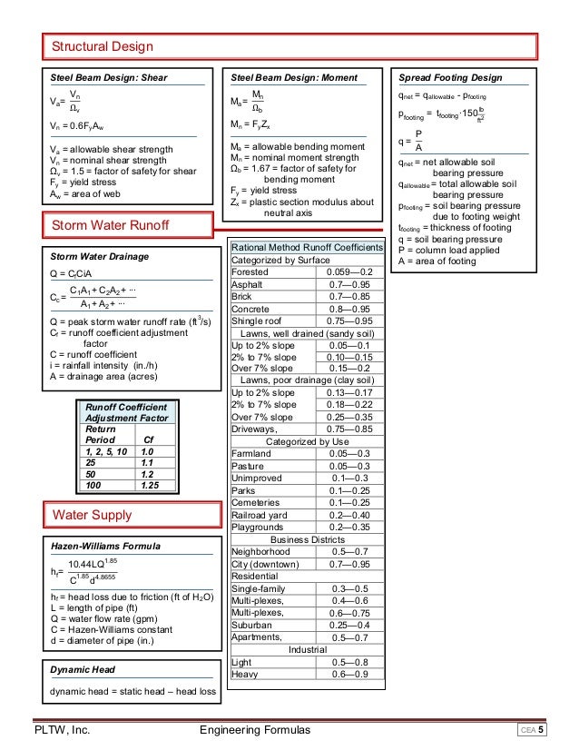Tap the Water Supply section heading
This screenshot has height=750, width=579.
point(91,515)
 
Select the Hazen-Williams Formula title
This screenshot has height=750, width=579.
point(105,547)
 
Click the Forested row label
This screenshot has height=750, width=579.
point(250,271)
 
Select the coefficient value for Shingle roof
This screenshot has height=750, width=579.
point(350,321)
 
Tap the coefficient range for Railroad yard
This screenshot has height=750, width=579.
point(350,514)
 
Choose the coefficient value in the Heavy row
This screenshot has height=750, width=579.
point(350,674)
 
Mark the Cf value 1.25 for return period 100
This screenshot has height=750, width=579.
point(150,486)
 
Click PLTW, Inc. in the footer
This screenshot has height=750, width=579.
point(61,730)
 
